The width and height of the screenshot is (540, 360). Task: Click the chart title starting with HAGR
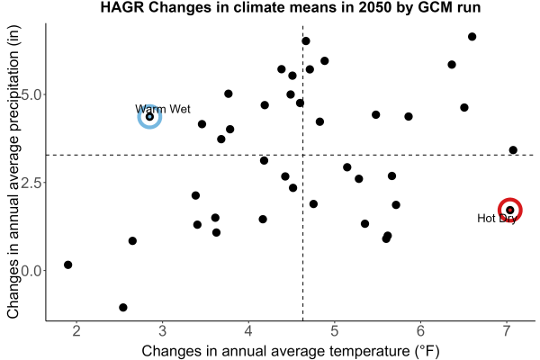click(x=291, y=7)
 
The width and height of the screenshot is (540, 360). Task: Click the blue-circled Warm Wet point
click(x=149, y=117)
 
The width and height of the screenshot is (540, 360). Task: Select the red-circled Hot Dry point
click(x=510, y=210)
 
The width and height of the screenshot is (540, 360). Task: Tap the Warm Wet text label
click(x=163, y=109)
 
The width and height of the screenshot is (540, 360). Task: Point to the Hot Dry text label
click(x=497, y=219)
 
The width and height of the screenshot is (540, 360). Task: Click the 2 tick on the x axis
click(x=76, y=331)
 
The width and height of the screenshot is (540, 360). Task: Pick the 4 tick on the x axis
click(x=248, y=331)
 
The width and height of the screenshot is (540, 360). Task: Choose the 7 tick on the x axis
click(x=507, y=331)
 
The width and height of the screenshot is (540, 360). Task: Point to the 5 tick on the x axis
click(x=335, y=331)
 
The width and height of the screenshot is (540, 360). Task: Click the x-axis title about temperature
click(x=291, y=351)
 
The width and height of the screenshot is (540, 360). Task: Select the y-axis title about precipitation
click(x=13, y=172)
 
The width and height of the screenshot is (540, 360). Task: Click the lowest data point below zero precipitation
click(x=123, y=307)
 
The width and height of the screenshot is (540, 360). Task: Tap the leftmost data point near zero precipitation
click(x=67, y=265)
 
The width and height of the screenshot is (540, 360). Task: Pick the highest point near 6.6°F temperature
click(x=472, y=37)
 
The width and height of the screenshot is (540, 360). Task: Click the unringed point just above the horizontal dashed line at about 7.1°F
click(x=513, y=150)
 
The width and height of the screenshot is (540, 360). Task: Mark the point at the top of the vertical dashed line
click(x=306, y=41)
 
